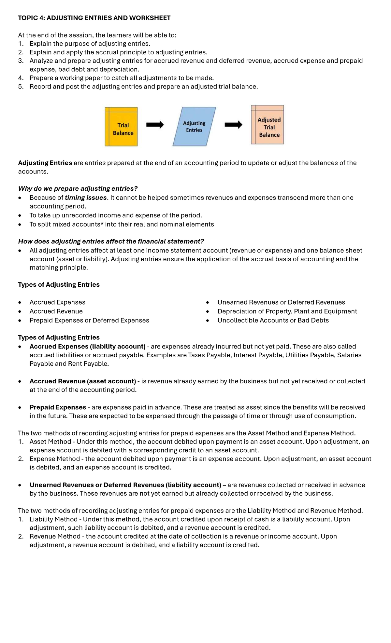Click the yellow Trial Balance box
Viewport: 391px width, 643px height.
tap(121, 127)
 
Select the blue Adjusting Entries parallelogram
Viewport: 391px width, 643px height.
tap(194, 127)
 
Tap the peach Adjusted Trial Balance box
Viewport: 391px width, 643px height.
tap(268, 125)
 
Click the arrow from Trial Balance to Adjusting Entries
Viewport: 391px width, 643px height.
tap(155, 125)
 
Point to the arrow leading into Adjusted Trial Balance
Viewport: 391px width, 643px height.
tap(233, 125)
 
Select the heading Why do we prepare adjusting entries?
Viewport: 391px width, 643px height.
tap(78, 189)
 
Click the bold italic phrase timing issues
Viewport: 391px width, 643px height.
tap(86, 198)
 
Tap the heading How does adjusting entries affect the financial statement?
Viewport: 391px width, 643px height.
tap(111, 241)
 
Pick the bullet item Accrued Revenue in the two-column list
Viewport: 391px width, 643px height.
tap(56, 311)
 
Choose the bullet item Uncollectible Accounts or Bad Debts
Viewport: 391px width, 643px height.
tap(273, 321)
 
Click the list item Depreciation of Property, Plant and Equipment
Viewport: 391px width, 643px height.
tap(287, 311)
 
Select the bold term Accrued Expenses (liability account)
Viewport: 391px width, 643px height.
tap(87, 347)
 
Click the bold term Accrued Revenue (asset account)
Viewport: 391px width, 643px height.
tap(83, 381)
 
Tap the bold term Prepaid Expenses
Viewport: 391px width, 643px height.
tap(58, 407)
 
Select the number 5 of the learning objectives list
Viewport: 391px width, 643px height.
tap(21, 87)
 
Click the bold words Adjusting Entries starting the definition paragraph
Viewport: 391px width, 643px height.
tap(45, 163)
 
